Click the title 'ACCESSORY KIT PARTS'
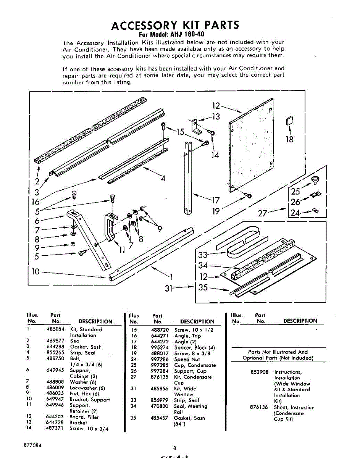tap(175, 25)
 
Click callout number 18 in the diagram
tap(289, 139)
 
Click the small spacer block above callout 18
tap(289, 121)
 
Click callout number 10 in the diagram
tap(36, 272)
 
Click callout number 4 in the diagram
tap(163, 178)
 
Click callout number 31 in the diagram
tap(170, 289)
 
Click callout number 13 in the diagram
tap(216, 117)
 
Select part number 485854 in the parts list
tap(55, 329)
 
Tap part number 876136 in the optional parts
tap(259, 407)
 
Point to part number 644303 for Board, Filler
tap(55, 417)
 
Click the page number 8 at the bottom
tap(174, 448)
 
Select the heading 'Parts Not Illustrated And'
tap(278, 352)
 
